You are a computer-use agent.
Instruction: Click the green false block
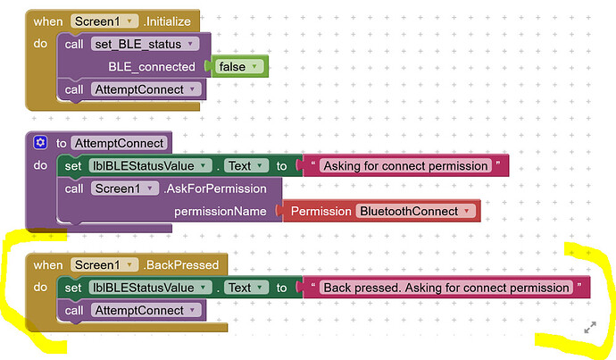(239, 66)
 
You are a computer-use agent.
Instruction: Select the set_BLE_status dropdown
(145, 44)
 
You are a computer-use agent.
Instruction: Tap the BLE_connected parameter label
(152, 67)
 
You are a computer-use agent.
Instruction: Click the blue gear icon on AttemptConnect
(40, 142)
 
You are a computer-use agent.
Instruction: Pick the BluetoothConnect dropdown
(416, 211)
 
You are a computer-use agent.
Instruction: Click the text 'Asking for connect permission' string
(405, 166)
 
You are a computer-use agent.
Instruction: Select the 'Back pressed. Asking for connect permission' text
(446, 288)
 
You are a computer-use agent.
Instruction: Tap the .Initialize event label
(167, 21)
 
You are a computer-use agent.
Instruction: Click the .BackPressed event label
(180, 265)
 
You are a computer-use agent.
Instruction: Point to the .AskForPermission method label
(215, 188)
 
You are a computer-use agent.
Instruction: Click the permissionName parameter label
(220, 212)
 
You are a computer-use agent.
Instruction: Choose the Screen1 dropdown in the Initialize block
(104, 21)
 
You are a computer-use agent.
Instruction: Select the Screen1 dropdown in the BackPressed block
(104, 265)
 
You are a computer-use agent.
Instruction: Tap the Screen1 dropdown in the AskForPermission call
(125, 188)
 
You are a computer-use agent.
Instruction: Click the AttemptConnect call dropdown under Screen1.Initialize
(146, 89)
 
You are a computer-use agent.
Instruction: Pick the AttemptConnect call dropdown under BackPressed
(146, 311)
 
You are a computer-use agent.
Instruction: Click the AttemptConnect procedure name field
(119, 143)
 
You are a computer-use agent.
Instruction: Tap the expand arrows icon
(590, 327)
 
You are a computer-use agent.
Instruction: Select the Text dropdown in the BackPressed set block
(246, 288)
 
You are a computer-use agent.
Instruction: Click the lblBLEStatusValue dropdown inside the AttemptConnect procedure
(150, 166)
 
